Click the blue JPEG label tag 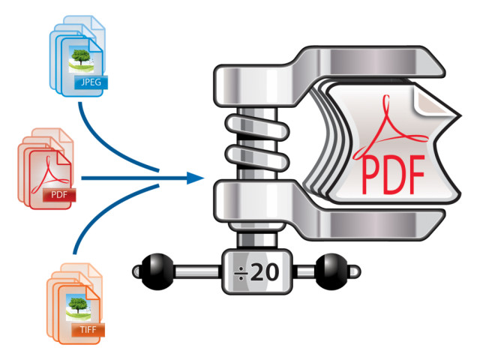(91, 82)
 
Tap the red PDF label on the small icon (59, 195)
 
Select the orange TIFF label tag (88, 330)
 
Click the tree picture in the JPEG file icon (81, 59)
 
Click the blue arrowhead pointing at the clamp (195, 178)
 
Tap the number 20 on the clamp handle (265, 272)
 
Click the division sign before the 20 (241, 272)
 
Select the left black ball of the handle (157, 271)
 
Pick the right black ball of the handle (331, 271)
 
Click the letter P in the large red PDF (372, 175)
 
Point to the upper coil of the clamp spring (257, 126)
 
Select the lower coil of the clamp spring (257, 158)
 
